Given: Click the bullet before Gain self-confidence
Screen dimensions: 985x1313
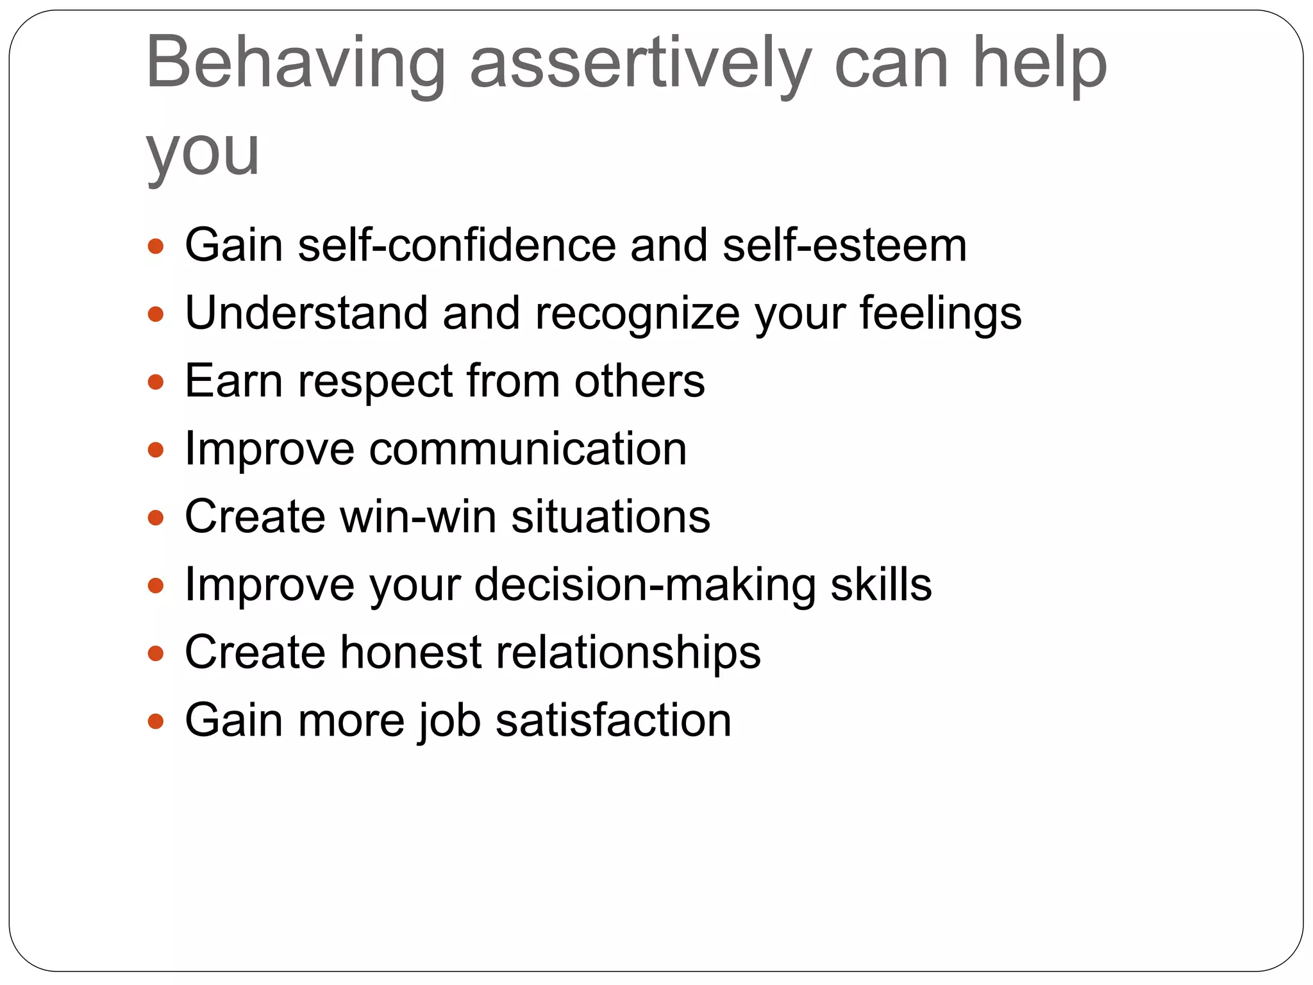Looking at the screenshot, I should click(156, 246).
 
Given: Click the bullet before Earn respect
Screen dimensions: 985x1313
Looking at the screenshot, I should click(156, 382).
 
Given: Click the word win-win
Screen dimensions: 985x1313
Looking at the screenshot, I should click(418, 517).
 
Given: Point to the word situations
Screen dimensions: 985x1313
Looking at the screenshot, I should click(610, 517).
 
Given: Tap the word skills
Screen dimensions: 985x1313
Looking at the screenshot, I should click(881, 585).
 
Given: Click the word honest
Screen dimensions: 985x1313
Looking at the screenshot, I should click(410, 653).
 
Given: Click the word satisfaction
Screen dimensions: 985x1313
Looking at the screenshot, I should click(614, 721).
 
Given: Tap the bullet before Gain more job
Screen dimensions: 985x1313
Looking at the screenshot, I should click(156, 721).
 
